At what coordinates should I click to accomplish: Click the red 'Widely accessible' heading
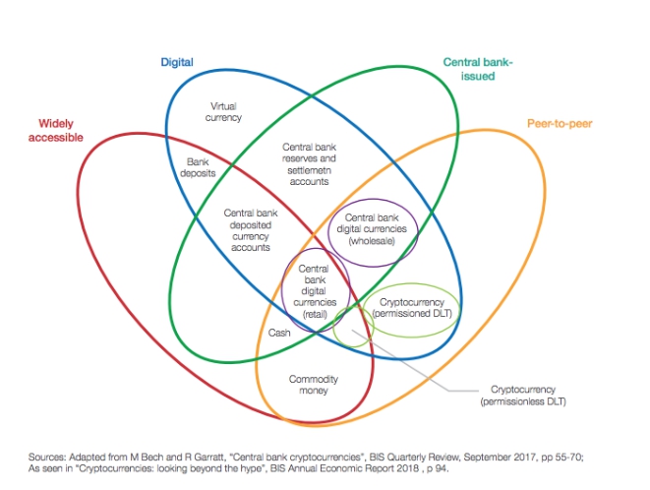60,130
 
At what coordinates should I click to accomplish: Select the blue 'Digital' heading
177,62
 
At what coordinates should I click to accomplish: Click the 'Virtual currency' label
226,111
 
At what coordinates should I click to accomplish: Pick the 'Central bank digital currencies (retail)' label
314,290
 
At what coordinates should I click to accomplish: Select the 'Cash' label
279,333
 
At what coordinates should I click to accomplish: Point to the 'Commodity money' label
314,385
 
